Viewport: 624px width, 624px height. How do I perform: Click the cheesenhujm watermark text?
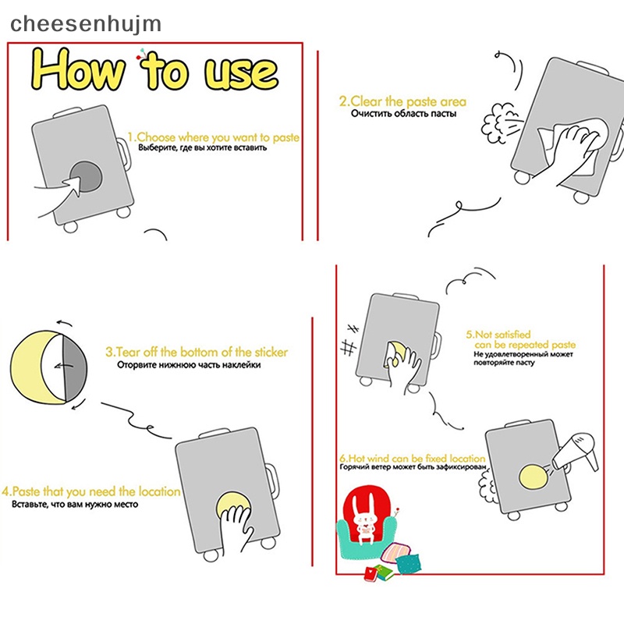tap(86, 24)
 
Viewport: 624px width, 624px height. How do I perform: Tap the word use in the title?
tap(241, 73)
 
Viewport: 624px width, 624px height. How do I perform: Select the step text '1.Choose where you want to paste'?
tap(213, 138)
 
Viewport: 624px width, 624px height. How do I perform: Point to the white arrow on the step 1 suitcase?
tap(73, 185)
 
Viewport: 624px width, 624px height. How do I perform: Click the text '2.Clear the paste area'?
tap(402, 101)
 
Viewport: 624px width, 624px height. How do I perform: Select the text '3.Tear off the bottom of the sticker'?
tap(197, 353)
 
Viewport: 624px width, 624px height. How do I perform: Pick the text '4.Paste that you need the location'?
tap(91, 491)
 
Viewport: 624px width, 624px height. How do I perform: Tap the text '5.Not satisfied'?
tap(498, 335)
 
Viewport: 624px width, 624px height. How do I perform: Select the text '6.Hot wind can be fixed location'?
tap(413, 458)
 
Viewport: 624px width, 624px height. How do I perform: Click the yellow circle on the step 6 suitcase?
tap(534, 477)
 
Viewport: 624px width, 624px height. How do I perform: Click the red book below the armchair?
tap(372, 574)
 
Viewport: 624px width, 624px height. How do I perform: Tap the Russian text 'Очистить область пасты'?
tap(403, 114)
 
